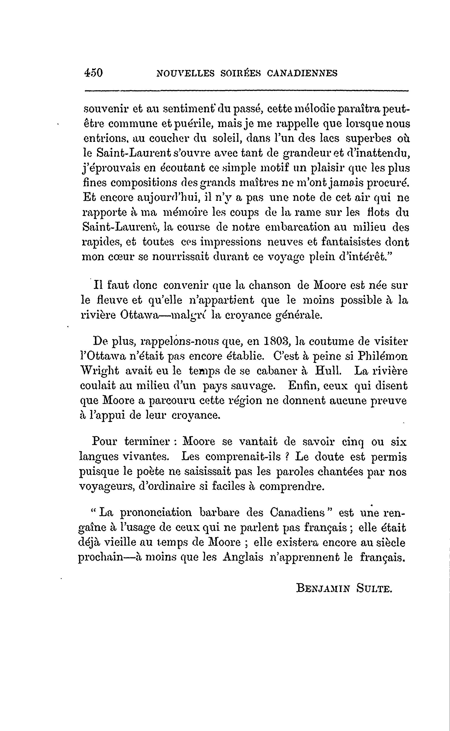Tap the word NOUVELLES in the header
185,73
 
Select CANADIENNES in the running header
302,73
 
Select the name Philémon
383,356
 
